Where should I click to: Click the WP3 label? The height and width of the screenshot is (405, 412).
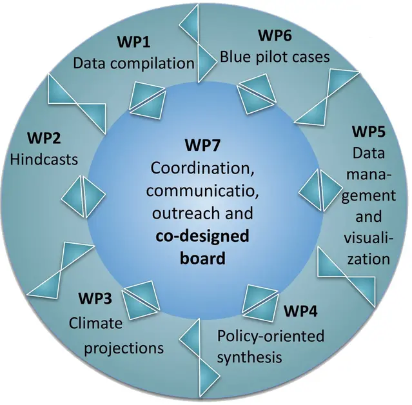coord(95,299)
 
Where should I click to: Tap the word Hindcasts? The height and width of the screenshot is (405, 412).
coord(44,159)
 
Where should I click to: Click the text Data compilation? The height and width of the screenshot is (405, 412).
coord(133,63)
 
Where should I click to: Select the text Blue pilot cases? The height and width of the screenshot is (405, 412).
coord(275,57)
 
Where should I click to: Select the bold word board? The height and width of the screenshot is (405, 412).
coord(202,259)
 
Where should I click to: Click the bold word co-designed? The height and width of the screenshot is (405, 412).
coord(202,237)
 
